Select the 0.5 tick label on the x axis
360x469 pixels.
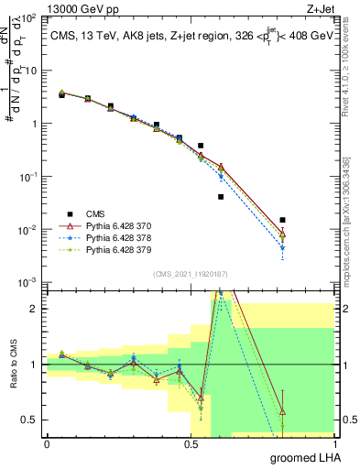tap(191, 444)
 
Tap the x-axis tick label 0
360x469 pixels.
tap(47, 444)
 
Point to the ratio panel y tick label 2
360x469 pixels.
tap(34, 309)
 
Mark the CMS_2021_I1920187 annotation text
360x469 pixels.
tap(191, 274)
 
